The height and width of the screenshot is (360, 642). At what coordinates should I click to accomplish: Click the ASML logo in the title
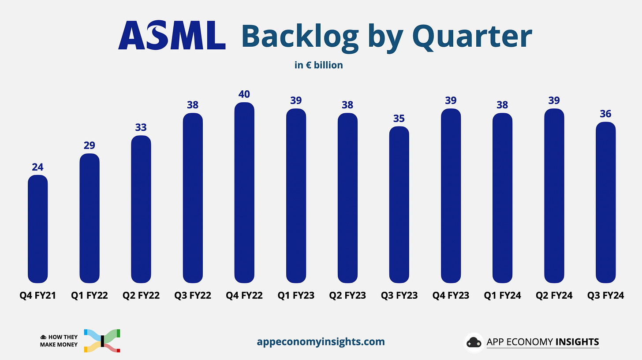tap(172, 36)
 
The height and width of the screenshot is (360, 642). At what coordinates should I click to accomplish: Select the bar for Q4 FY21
tap(37, 229)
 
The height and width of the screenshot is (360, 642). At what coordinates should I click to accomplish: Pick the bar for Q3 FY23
tap(399, 204)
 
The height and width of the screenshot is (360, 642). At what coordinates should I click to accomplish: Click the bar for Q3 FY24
tap(605, 202)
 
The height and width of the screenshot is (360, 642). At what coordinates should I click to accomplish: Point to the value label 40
tap(244, 94)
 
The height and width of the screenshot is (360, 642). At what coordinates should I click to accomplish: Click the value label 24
tap(37, 167)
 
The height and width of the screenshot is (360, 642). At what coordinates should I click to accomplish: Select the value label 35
tap(399, 119)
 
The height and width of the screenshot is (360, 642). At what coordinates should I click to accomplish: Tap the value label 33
tap(141, 127)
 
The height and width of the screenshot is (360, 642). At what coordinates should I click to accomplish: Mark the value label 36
tap(605, 114)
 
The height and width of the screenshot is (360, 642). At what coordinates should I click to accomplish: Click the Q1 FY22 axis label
tap(90, 296)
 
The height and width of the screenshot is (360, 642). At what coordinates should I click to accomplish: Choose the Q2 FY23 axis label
tap(347, 296)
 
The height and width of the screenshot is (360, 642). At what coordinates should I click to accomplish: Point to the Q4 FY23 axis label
tap(451, 296)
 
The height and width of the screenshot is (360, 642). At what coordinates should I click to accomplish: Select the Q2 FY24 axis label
tap(554, 296)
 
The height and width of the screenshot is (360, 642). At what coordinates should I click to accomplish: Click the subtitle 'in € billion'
tap(319, 65)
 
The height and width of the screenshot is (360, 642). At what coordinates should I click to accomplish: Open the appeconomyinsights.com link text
tap(321, 341)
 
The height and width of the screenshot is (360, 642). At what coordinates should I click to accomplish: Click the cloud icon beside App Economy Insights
tap(474, 342)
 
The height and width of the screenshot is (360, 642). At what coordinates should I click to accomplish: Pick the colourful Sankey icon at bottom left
tap(102, 340)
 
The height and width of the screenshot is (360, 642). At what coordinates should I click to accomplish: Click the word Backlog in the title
tap(300, 37)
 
